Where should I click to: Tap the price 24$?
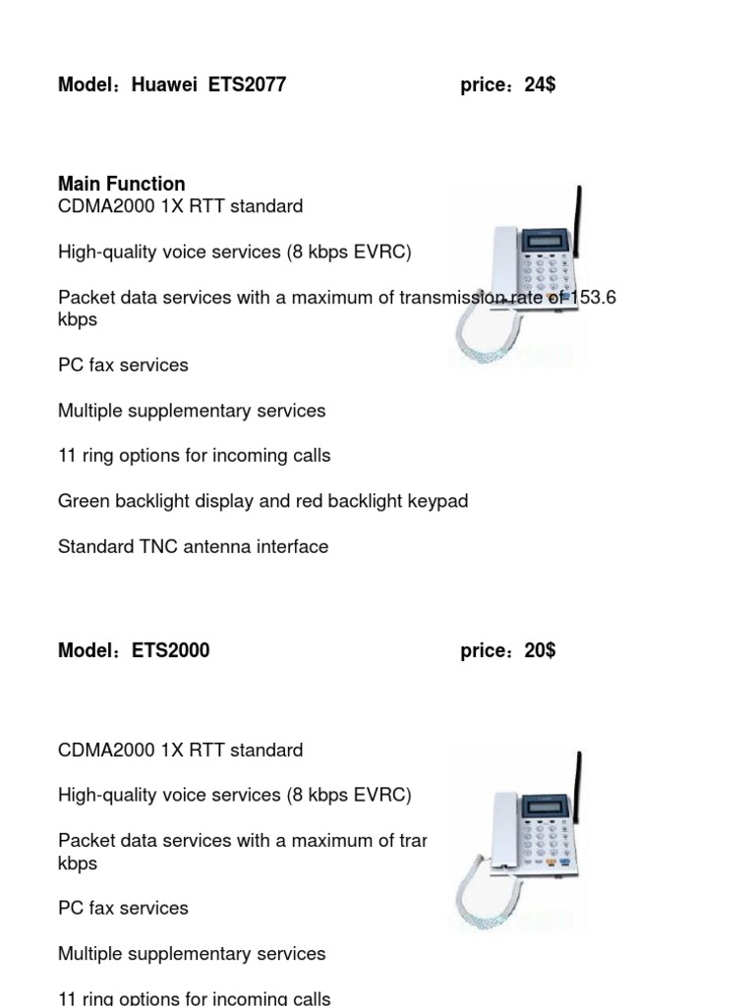540,84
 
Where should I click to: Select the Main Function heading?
121,184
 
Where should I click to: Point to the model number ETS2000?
170,650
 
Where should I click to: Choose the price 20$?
540,650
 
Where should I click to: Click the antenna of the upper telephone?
578,221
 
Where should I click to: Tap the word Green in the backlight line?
82,501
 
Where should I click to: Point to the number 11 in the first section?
67,456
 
